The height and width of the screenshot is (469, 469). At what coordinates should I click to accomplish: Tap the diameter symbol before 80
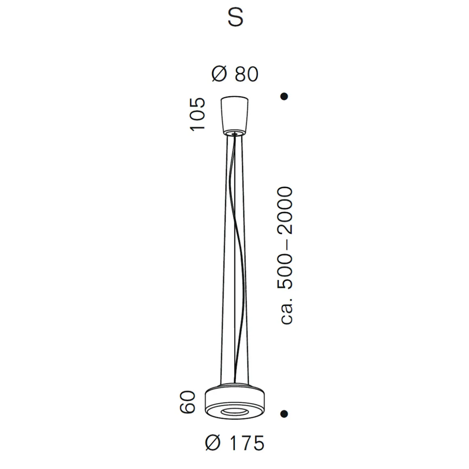219,74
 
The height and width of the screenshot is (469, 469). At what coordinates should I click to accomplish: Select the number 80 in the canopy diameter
246,74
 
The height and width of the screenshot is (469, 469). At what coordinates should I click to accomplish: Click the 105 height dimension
198,114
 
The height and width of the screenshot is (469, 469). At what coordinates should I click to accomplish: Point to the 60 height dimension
188,403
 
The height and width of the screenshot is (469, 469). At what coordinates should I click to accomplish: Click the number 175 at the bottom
245,443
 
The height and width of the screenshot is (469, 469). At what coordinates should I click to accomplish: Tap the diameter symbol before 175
213,443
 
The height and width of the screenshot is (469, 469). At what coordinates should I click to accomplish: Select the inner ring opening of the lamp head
235,412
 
